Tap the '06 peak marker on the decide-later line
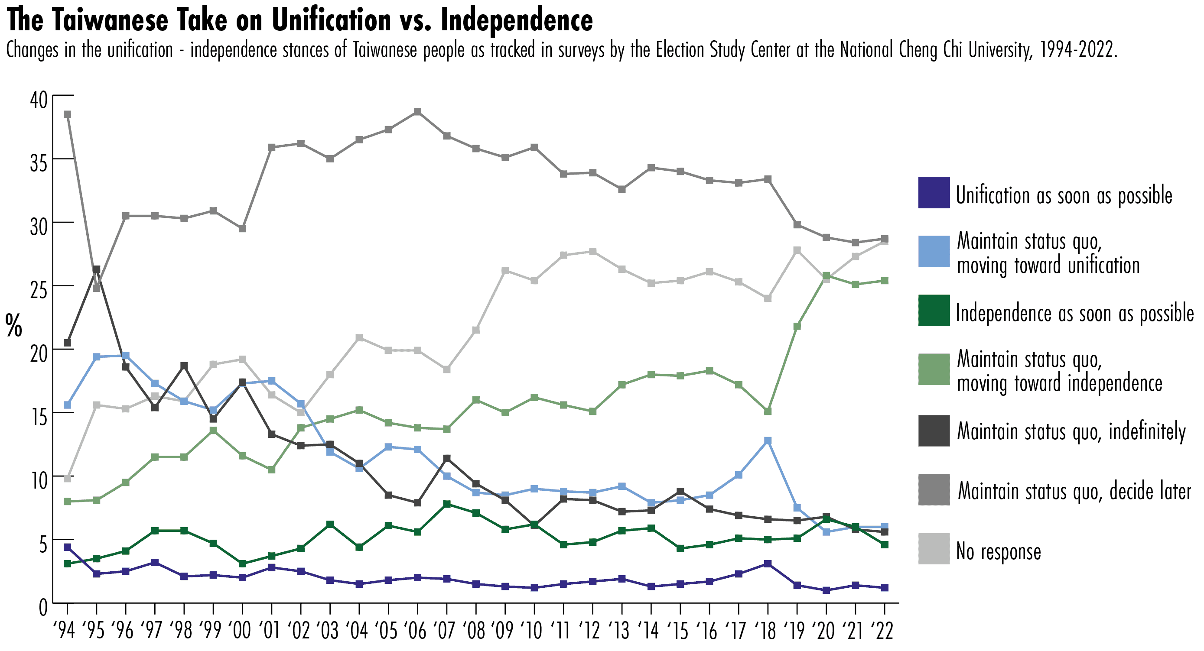(x=417, y=112)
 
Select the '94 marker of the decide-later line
(x=67, y=114)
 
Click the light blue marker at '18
(x=768, y=440)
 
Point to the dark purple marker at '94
(x=67, y=547)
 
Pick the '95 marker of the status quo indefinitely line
(x=96, y=269)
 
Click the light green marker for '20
(x=826, y=276)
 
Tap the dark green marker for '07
(x=447, y=504)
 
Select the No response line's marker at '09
(x=505, y=271)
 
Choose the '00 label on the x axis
(x=241, y=631)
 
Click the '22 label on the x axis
(x=883, y=631)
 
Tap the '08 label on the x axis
(x=475, y=631)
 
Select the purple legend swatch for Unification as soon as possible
(x=934, y=192)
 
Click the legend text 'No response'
(x=998, y=551)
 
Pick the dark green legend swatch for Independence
(x=934, y=310)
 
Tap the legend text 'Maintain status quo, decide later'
(x=1074, y=491)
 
